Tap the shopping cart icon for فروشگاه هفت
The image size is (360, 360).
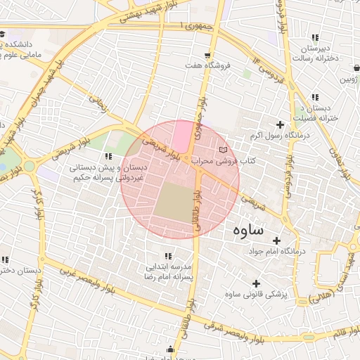tap(207, 55)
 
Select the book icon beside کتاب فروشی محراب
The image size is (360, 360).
tap(224, 151)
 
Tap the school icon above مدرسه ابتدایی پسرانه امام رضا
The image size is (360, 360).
tap(168, 257)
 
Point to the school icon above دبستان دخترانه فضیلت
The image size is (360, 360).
tap(315, 97)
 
